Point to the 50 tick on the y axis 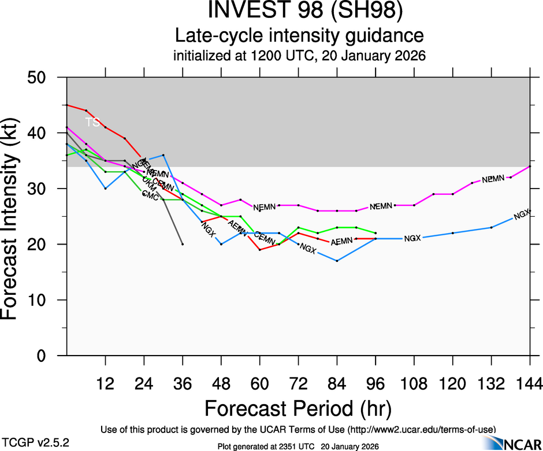(46, 77)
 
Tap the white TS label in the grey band (92, 122)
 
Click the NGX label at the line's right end (522, 215)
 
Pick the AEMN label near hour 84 (342, 241)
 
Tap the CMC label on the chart (150, 197)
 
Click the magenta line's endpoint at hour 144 (530, 167)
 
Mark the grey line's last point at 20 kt (183, 244)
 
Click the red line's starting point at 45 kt (67, 105)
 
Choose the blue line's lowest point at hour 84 (337, 261)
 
